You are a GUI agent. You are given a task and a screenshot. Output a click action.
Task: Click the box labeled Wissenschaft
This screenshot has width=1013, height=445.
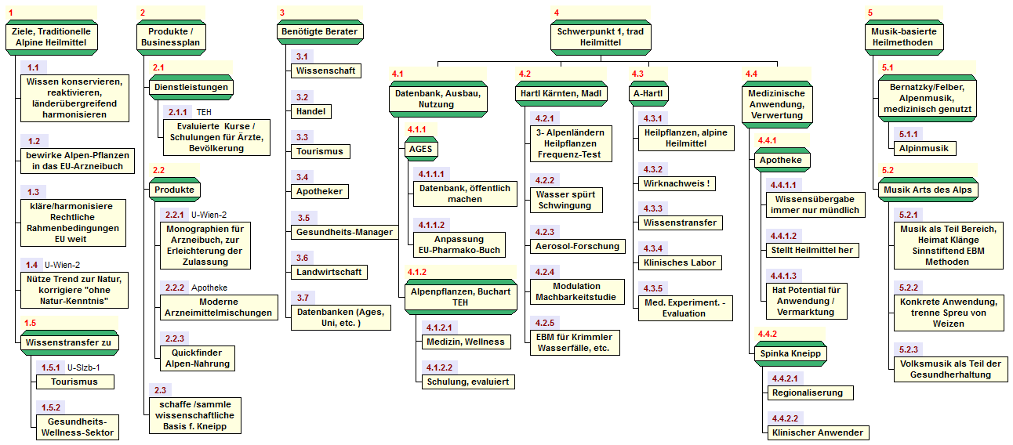click(x=325, y=71)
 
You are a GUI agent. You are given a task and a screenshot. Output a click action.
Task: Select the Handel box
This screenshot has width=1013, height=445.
click(x=310, y=111)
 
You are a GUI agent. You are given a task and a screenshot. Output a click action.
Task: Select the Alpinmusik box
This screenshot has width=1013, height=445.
click(x=924, y=147)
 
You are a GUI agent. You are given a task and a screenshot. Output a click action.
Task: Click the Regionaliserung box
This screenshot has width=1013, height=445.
click(x=807, y=393)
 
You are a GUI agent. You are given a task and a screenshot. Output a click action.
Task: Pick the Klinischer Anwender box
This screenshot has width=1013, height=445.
click(x=817, y=432)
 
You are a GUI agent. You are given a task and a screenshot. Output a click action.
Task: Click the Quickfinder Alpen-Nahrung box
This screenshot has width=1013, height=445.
click(x=196, y=358)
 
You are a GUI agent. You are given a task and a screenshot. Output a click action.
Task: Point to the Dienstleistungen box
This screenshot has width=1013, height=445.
click(x=191, y=87)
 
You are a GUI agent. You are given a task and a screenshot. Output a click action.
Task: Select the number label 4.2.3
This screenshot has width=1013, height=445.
click(x=544, y=232)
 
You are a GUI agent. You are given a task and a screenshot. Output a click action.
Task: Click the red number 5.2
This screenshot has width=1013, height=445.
click(x=888, y=170)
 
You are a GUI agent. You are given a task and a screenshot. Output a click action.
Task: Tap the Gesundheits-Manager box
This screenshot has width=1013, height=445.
click(x=342, y=232)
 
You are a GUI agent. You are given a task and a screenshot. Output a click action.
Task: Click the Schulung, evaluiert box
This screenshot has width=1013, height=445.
click(x=467, y=382)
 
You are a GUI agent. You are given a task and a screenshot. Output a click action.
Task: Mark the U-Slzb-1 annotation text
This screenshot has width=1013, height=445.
click(x=83, y=367)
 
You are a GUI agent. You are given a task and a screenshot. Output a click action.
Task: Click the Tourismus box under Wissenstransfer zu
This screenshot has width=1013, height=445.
click(x=74, y=382)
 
